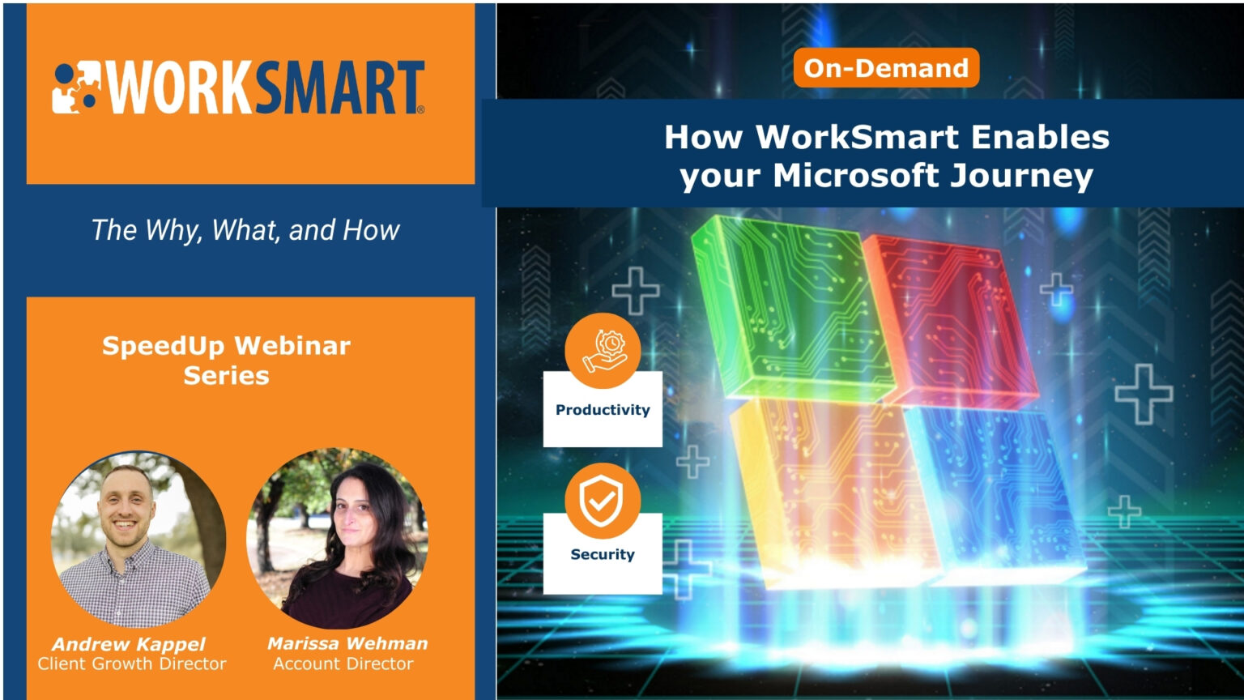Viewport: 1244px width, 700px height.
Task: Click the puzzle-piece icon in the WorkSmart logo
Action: tap(75, 87)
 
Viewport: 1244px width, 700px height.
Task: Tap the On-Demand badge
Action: tap(886, 68)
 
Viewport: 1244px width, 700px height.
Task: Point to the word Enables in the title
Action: tap(1040, 137)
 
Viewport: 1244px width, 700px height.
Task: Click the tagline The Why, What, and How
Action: tap(245, 230)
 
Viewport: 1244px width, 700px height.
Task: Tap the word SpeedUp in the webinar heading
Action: tap(163, 346)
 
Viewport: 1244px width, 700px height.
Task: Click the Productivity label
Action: tap(603, 410)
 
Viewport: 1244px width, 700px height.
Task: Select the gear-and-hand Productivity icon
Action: tap(603, 351)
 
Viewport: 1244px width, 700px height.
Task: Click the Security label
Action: tap(603, 555)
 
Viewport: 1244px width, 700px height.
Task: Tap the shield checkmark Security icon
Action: tap(603, 501)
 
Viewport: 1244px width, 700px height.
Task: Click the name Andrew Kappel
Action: tap(130, 645)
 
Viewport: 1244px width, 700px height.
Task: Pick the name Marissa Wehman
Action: tap(347, 644)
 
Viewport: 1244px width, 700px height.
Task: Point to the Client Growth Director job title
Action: tap(132, 664)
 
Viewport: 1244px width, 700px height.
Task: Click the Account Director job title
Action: tap(343, 664)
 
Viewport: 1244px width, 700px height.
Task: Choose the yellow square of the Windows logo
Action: tap(826, 486)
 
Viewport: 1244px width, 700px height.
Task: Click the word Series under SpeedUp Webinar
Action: tap(226, 376)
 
